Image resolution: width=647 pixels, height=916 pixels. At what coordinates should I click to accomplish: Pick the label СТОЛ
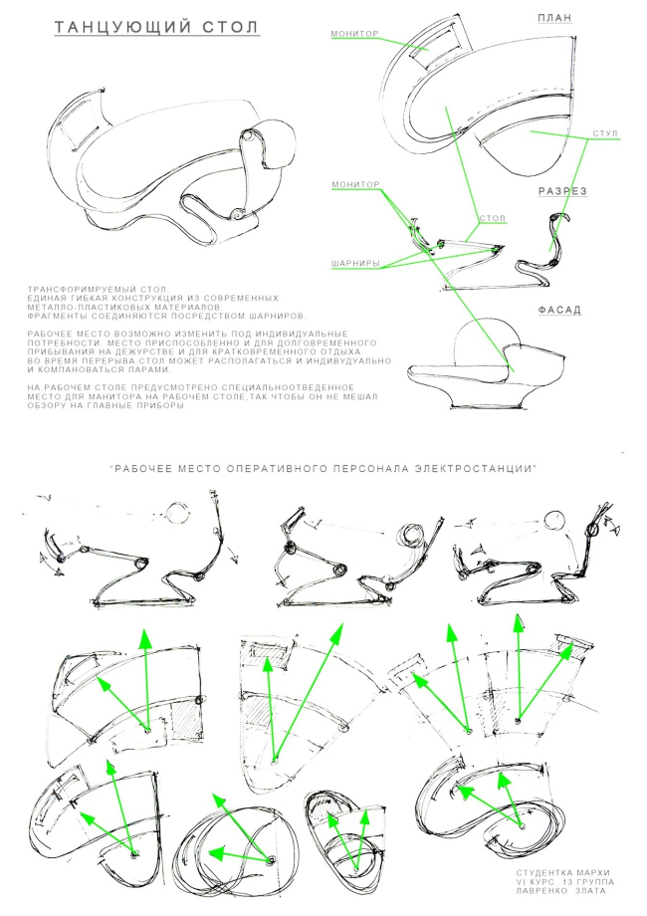tap(491, 218)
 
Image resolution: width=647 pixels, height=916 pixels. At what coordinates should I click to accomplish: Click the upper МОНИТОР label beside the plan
tap(355, 33)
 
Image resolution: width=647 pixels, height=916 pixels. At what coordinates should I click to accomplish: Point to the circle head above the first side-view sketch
tap(176, 514)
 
